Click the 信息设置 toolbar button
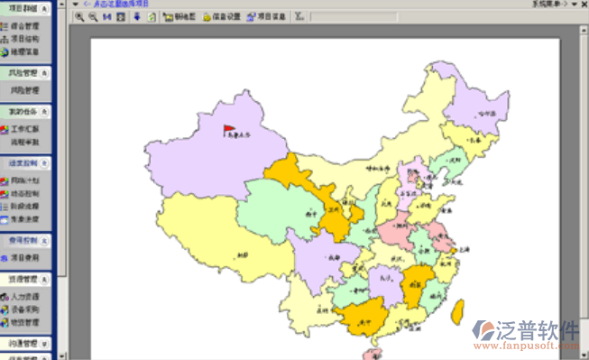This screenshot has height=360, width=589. [x=220, y=16]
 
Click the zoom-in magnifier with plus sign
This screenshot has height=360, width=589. [x=80, y=16]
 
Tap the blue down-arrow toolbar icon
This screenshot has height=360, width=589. [x=136, y=16]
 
